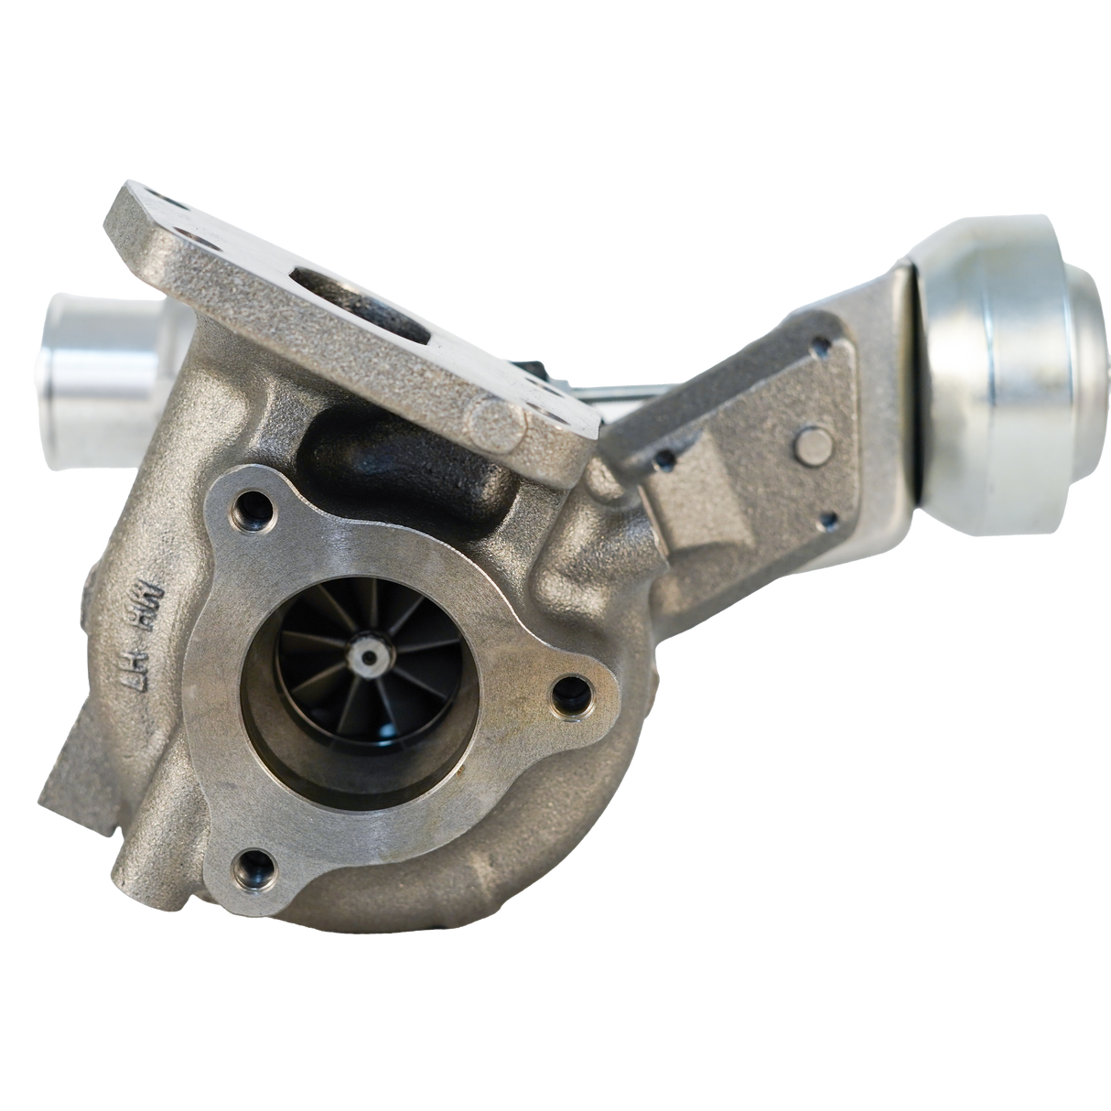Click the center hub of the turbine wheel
pos(369,656)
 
